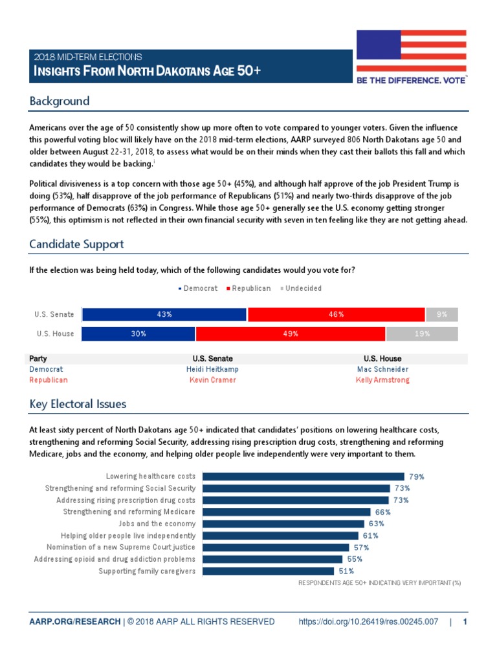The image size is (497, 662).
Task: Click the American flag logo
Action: [411, 51]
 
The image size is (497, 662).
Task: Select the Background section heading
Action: [60, 101]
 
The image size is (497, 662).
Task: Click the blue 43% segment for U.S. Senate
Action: [164, 314]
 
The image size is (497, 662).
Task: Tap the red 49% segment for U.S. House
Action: [291, 334]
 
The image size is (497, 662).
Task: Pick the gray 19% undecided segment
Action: [422, 334]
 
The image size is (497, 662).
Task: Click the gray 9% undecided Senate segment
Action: [442, 314]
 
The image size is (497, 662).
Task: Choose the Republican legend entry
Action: [248, 288]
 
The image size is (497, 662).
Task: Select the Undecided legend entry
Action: [301, 288]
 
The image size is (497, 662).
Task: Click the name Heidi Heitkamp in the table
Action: [212, 369]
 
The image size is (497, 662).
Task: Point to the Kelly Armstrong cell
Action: [382, 380]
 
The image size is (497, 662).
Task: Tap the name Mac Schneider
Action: [382, 369]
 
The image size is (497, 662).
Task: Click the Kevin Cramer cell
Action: [212, 380]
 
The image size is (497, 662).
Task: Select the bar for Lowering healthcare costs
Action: [304, 476]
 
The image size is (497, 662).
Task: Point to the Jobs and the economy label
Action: [157, 524]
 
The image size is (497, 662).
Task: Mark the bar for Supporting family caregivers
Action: [268, 571]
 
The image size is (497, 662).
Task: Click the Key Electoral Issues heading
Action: [78, 404]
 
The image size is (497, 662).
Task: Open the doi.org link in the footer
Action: [368, 622]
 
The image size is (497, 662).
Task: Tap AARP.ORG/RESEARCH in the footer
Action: [74, 622]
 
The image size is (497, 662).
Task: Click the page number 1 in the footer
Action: [465, 622]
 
